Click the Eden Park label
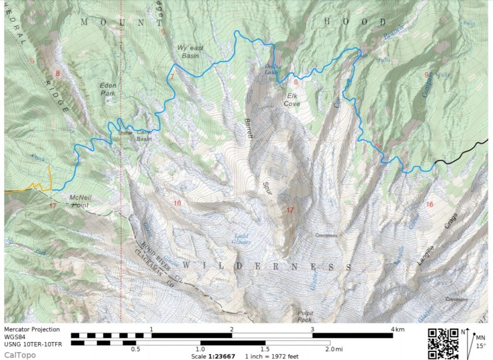coord(107,89)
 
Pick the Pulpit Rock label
coord(304,316)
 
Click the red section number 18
coord(177,203)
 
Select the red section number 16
coord(430,204)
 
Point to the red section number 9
coord(426,75)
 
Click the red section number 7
coord(171,77)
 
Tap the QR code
coord(442,342)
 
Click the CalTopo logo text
coord(19,355)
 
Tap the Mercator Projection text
coord(33,329)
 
